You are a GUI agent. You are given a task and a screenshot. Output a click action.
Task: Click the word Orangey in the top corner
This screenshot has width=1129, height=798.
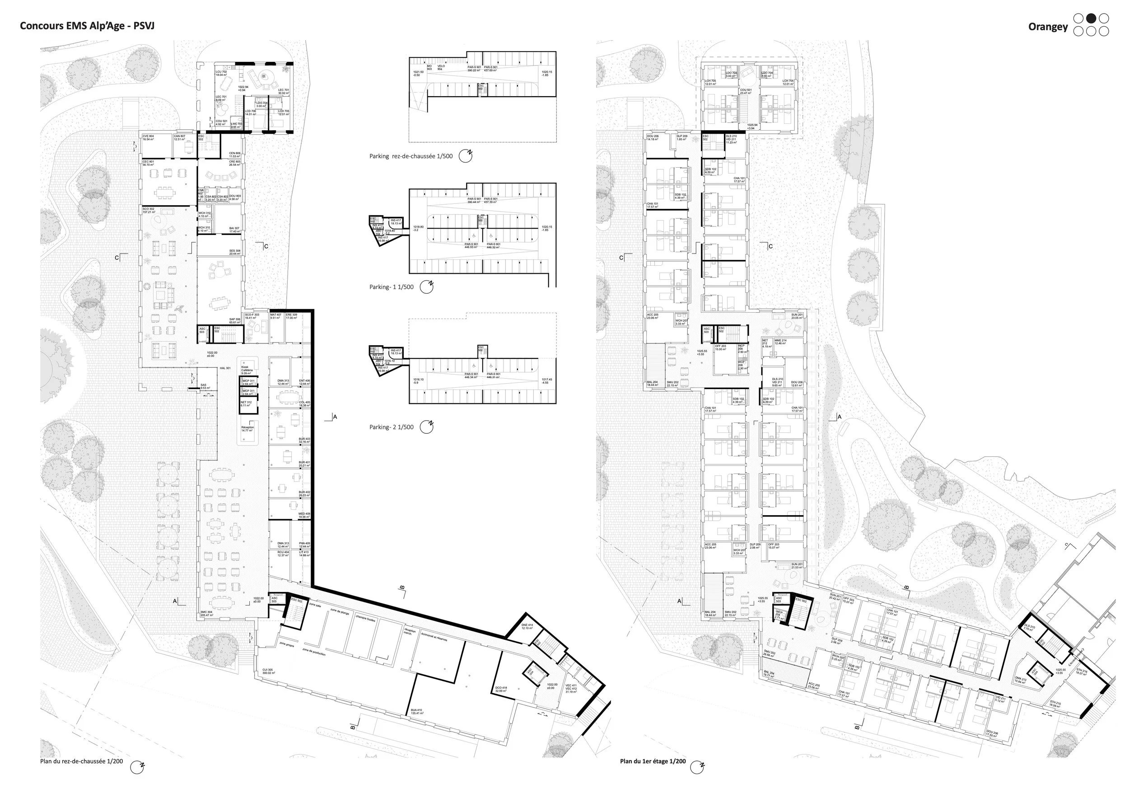coord(1047,27)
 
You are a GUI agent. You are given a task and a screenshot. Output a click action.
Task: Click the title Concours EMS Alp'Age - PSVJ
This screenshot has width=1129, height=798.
coord(87,26)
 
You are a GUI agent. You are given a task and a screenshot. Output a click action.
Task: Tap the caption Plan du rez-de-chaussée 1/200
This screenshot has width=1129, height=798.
coord(82,761)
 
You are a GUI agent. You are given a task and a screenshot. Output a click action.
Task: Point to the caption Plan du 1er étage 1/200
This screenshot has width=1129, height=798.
coord(653,761)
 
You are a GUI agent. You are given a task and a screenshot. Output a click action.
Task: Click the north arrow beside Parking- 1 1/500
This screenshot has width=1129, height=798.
coord(426,287)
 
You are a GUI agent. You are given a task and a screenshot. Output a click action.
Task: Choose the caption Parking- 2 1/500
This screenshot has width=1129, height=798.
coord(392,427)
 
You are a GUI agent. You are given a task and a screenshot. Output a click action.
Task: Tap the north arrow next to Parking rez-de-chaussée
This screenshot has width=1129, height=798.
coord(465,156)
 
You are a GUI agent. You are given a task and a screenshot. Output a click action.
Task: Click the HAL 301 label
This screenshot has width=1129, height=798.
coord(225,368)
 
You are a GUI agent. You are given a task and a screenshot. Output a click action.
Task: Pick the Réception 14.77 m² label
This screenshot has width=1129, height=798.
coord(248,428)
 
